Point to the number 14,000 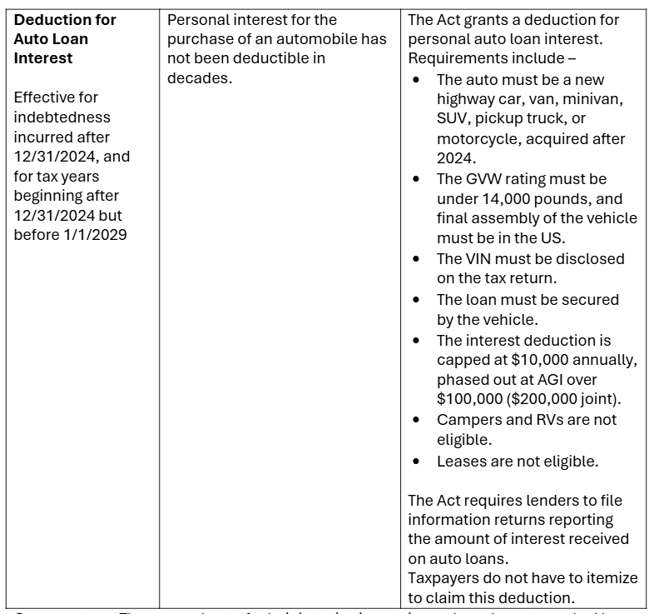(508, 199)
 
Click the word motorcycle (478, 139)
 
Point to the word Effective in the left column (44, 98)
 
